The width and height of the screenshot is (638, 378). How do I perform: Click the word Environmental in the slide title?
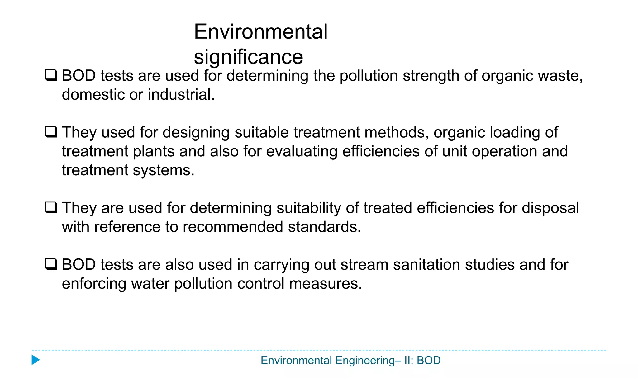click(260, 32)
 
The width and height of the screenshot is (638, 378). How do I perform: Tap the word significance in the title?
click(248, 57)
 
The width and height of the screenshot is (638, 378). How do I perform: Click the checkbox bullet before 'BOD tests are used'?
click(51, 75)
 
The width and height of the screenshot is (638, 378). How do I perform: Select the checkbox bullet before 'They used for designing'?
click(51, 132)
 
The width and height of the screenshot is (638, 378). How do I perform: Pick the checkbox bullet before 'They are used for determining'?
click(51, 207)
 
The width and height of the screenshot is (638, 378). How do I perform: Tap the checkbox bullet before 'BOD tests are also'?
click(51, 264)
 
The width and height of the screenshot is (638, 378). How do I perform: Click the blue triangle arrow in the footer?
click(36, 360)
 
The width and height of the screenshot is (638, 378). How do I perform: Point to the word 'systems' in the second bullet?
click(163, 171)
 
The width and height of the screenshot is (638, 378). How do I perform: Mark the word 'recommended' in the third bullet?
click(233, 227)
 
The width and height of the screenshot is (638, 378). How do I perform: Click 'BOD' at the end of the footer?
click(429, 361)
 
